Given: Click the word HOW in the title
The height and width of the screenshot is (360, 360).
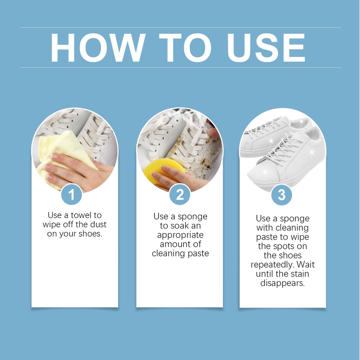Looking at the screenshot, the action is pyautogui.click(x=98, y=48).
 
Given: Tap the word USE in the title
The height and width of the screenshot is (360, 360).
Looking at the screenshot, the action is pyautogui.click(x=266, y=48).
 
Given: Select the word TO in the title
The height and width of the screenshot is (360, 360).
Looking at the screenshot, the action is pyautogui.click(x=185, y=48).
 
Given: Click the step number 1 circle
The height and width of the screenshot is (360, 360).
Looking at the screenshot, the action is pyautogui.click(x=72, y=194).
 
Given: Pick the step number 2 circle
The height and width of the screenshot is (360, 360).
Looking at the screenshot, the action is pyautogui.click(x=180, y=194).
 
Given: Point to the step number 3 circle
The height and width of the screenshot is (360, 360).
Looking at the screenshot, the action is pyautogui.click(x=282, y=195).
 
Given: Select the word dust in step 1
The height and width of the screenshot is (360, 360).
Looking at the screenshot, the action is pyautogui.click(x=98, y=224).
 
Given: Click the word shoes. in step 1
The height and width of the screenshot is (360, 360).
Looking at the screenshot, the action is pyautogui.click(x=90, y=234).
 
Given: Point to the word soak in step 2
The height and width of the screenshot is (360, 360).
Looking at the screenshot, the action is pyautogui.click(x=180, y=226).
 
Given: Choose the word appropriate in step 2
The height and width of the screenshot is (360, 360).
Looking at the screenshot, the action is pyautogui.click(x=180, y=235).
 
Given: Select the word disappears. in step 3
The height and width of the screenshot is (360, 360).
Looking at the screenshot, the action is pyautogui.click(x=282, y=283).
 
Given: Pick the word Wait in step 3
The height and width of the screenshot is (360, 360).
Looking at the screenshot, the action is pyautogui.click(x=306, y=264).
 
